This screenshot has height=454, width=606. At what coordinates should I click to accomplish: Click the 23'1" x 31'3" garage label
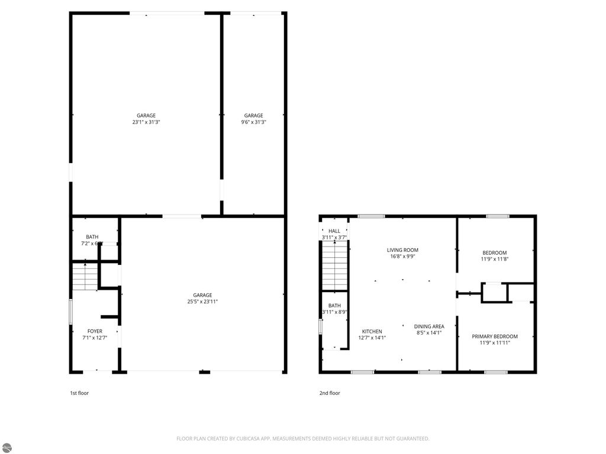tap(146, 119)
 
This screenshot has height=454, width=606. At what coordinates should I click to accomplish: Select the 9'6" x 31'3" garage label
tap(253, 119)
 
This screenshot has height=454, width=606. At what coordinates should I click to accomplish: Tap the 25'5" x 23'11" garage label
tap(202, 299)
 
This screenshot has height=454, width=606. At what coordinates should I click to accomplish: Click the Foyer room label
tap(95, 335)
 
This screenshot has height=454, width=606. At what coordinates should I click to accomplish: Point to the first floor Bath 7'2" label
tap(92, 240)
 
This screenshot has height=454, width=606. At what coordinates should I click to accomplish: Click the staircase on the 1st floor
tap(85, 276)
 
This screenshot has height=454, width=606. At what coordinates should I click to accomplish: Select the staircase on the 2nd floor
tap(334, 266)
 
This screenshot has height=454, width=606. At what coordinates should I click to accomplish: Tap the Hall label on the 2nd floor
tap(334, 234)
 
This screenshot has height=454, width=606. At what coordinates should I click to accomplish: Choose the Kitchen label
tap(372, 335)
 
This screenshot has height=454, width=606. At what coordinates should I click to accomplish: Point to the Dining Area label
tap(429, 329)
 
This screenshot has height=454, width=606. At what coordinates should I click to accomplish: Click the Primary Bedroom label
tap(494, 339)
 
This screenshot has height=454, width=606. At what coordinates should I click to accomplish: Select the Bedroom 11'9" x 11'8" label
tap(494, 256)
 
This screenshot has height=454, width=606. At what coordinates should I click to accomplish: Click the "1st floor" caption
tap(79, 393)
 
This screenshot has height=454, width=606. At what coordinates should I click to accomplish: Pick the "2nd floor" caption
tap(330, 393)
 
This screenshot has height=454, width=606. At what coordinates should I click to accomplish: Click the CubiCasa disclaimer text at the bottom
tap(303, 439)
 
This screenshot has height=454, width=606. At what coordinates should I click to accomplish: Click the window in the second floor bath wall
tap(320, 327)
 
